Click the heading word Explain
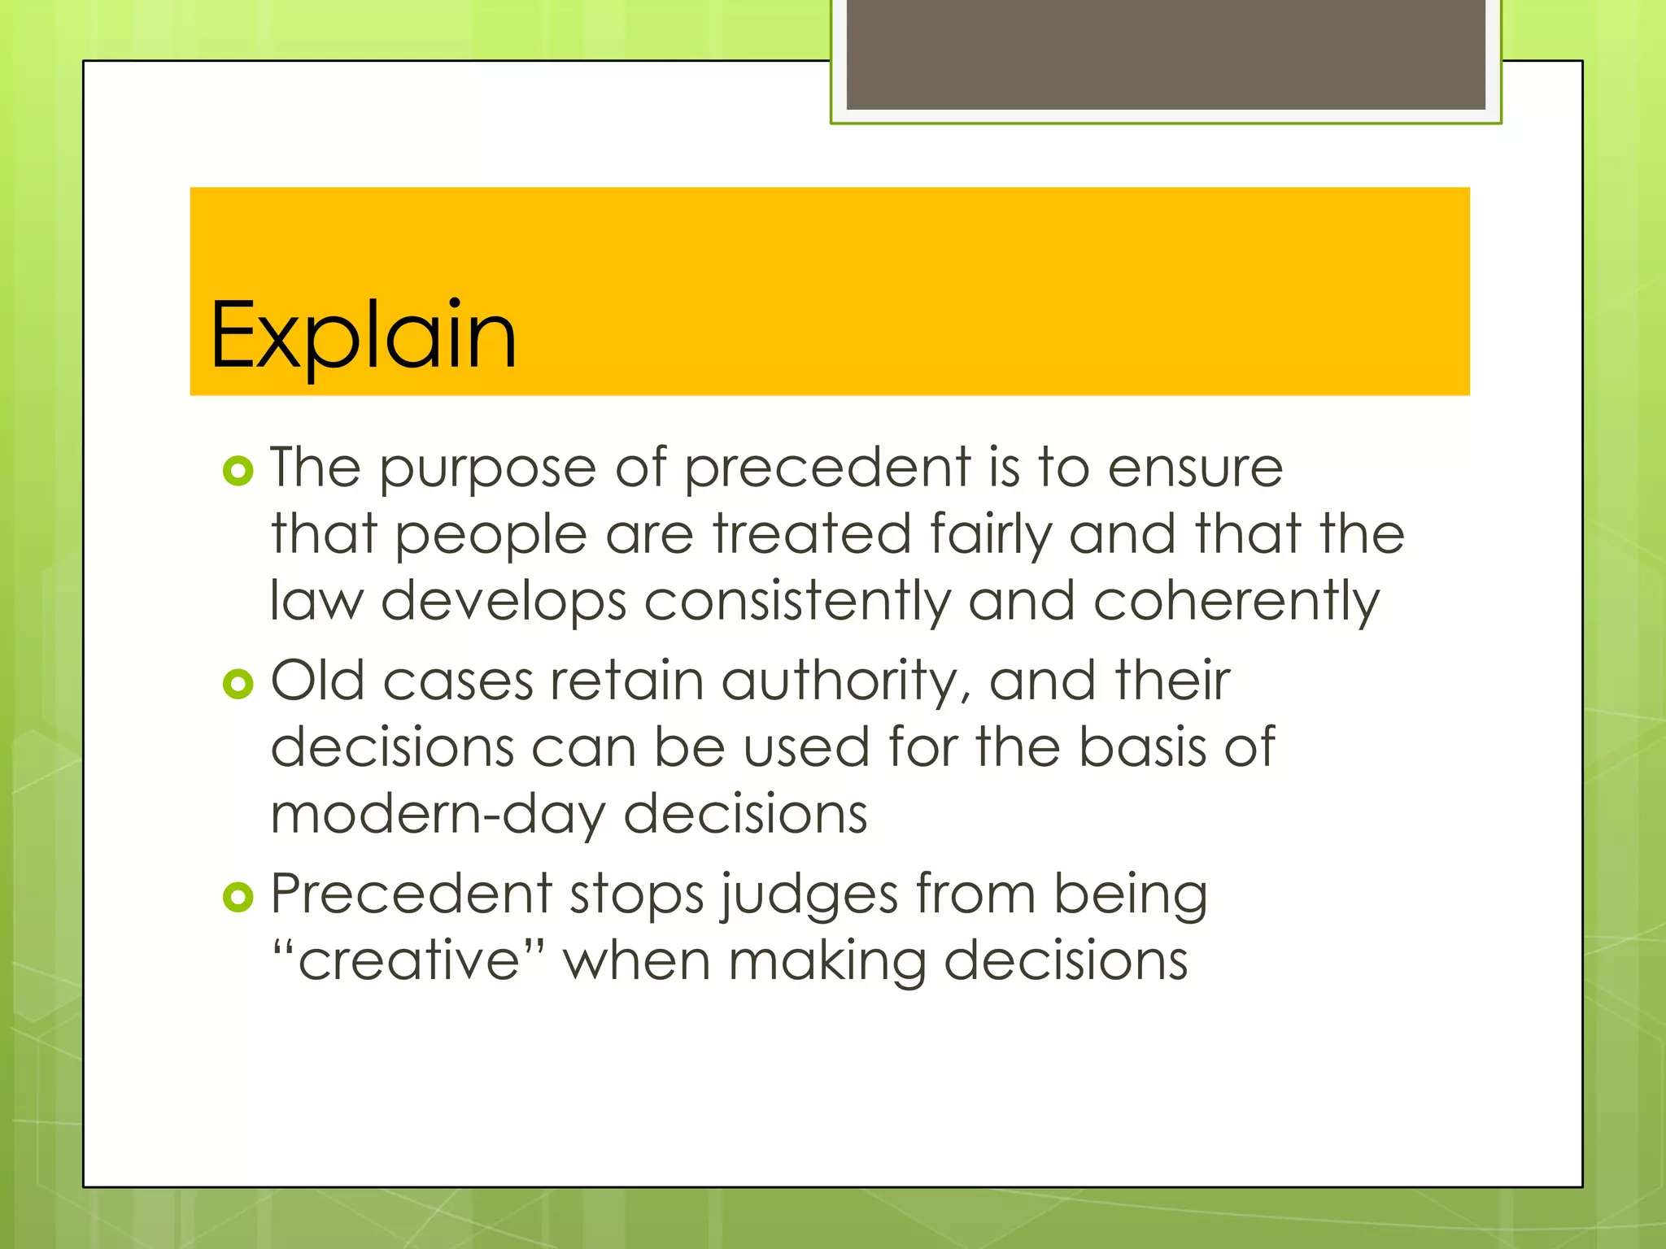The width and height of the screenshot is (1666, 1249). click(x=363, y=335)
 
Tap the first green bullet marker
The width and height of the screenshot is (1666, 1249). click(x=238, y=471)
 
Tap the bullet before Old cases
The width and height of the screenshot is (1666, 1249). click(x=238, y=685)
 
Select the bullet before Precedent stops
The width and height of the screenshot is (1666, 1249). click(x=238, y=898)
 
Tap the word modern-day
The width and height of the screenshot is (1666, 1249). click(x=438, y=815)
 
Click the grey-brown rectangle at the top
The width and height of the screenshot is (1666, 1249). click(x=1165, y=54)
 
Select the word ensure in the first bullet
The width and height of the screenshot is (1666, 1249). click(x=1196, y=470)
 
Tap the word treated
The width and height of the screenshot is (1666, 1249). click(x=812, y=535)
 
